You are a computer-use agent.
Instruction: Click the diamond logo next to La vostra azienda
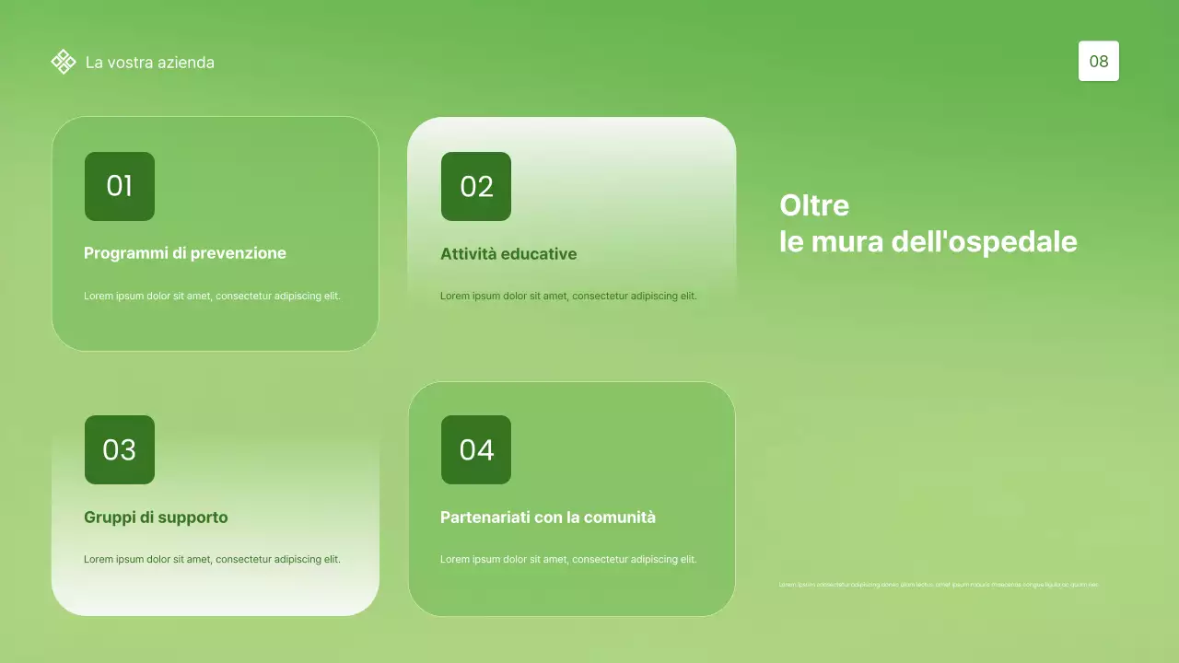click(63, 62)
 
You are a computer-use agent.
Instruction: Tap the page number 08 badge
click(1098, 62)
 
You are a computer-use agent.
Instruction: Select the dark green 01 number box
click(120, 186)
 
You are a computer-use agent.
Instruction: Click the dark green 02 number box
click(476, 186)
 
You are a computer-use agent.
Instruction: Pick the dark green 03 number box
click(120, 449)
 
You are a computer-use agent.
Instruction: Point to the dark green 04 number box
click(476, 449)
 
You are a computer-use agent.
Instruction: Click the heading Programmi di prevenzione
click(185, 253)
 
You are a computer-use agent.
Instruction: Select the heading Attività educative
click(508, 254)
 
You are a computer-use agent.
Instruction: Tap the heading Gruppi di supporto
click(156, 518)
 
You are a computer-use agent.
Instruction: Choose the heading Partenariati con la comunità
click(548, 518)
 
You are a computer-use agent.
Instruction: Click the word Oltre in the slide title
click(814, 204)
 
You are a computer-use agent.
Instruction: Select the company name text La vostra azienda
click(150, 63)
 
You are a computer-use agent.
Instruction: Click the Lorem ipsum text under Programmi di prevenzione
click(212, 296)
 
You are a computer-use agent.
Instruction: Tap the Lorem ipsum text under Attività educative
click(568, 296)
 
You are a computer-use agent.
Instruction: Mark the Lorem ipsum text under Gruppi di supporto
click(212, 559)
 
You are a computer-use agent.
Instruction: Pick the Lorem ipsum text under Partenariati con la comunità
click(568, 559)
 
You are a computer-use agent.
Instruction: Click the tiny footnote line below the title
click(939, 585)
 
